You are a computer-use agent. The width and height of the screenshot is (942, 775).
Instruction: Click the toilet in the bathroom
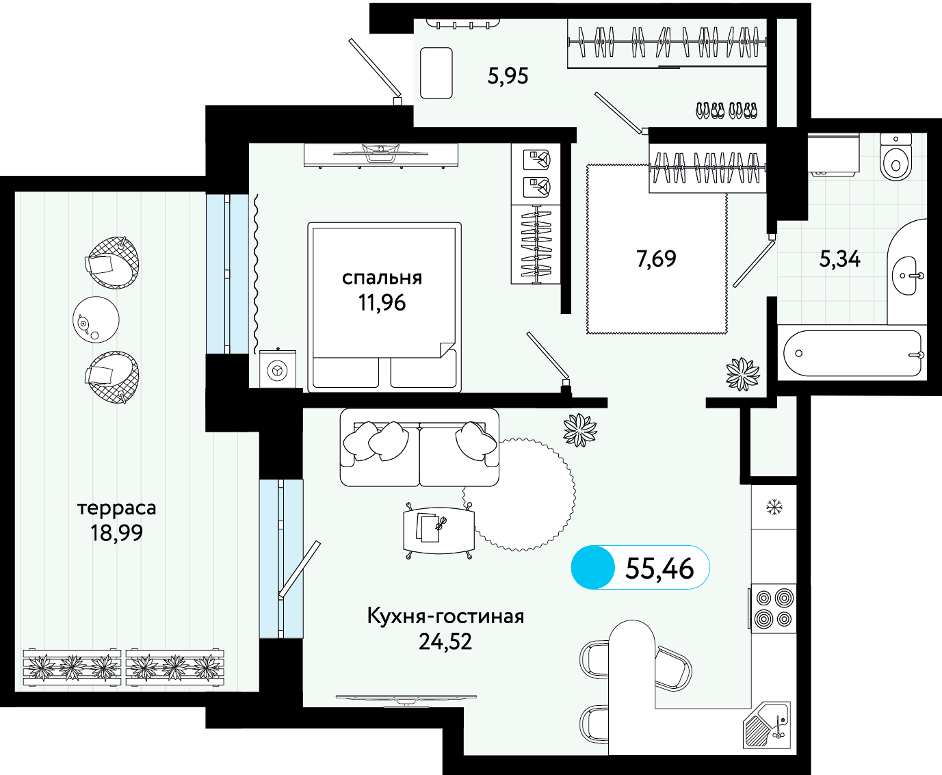tap(895, 157)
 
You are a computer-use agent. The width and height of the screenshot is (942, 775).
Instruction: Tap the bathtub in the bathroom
tap(852, 354)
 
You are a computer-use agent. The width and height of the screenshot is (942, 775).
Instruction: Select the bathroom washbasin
tap(908, 275)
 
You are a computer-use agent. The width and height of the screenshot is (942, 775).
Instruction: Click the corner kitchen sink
tap(767, 726)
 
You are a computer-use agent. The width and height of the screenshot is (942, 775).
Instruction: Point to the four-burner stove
tap(773, 608)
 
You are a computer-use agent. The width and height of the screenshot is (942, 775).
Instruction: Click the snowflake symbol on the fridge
tap(774, 507)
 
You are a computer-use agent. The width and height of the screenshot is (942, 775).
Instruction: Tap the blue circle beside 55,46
tap(592, 567)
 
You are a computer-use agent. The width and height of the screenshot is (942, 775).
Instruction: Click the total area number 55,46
tap(659, 568)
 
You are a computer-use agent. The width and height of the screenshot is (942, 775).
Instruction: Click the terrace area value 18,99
tap(116, 533)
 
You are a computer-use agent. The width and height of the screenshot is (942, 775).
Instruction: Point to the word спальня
tap(382, 278)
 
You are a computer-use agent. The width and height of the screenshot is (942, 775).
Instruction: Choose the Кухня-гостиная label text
tap(445, 616)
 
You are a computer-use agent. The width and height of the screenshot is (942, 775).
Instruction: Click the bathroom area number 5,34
tap(839, 259)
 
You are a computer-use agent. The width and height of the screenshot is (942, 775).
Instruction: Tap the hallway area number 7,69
tap(656, 259)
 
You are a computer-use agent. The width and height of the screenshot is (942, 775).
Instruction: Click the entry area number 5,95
tap(508, 76)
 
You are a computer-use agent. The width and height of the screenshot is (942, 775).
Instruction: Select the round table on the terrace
tap(96, 319)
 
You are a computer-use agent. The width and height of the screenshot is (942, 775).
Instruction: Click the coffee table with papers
tap(439, 530)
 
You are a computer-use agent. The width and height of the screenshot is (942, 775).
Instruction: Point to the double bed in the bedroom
tap(384, 307)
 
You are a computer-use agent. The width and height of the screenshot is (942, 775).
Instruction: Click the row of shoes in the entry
tap(727, 110)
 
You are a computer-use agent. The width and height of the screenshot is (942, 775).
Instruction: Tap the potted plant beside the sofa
tap(580, 430)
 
